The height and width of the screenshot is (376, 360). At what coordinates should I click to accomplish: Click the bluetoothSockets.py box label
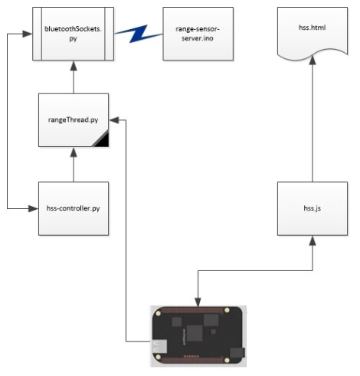73,34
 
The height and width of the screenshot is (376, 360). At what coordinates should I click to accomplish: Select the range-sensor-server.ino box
198,34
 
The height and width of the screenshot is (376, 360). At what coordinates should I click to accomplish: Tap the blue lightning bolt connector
139,34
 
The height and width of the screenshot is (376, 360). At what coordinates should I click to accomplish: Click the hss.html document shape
313,32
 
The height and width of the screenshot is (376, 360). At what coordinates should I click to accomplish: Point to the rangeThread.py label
73,119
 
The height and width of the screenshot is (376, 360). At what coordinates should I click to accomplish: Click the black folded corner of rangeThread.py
102,139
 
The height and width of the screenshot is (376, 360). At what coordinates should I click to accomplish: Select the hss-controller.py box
74,208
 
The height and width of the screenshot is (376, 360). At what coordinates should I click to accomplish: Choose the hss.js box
313,208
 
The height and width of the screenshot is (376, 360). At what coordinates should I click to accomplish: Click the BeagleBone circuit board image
198,336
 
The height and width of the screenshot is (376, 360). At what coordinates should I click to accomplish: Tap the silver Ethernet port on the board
159,347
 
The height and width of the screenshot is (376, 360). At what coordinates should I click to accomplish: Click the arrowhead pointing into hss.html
313,60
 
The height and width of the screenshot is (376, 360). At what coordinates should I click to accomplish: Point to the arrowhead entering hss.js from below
313,240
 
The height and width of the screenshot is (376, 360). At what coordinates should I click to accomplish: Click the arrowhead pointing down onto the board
198,302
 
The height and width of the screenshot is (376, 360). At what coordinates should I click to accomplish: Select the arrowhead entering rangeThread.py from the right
114,120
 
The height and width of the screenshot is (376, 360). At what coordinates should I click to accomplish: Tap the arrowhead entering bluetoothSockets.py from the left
28,34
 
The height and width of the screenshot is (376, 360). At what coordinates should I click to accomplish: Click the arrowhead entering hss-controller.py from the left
34,208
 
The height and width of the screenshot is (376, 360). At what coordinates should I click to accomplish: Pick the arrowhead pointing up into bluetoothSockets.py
74,65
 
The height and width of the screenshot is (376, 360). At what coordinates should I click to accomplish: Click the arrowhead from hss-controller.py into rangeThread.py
74,152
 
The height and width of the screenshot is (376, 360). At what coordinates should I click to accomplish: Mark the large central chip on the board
195,333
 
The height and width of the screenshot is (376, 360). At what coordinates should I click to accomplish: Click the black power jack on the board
237,352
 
